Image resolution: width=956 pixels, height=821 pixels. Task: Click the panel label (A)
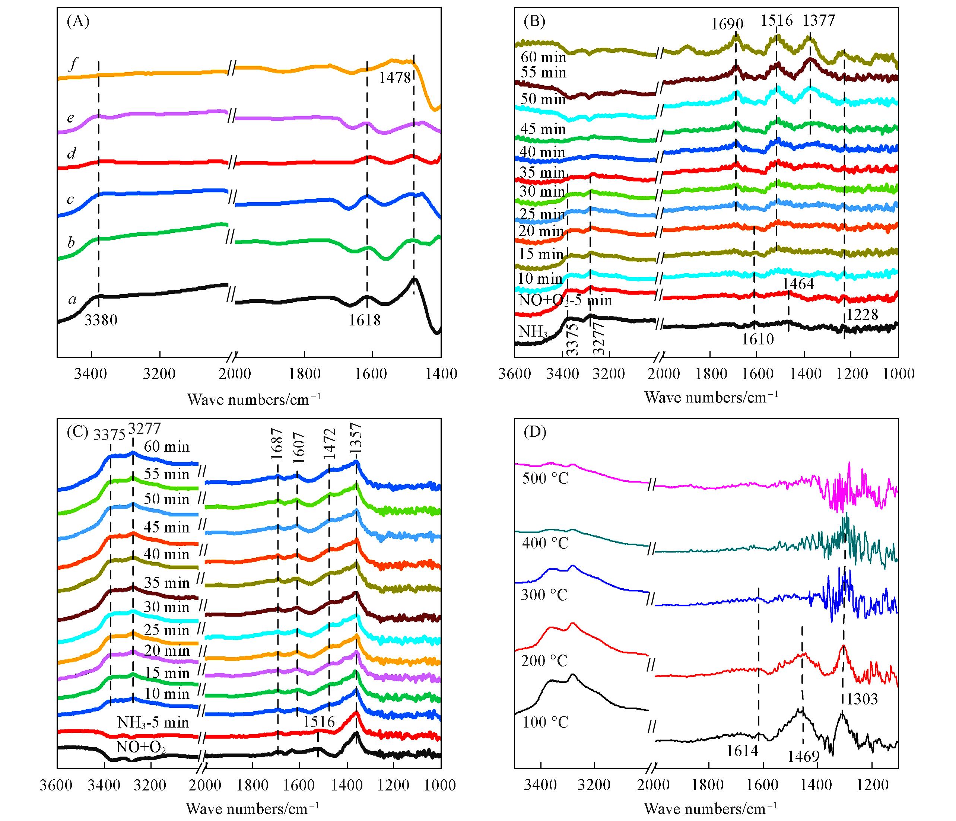[78, 21]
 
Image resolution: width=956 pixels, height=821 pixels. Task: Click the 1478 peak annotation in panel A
[394, 77]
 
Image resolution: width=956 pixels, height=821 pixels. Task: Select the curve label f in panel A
[72, 64]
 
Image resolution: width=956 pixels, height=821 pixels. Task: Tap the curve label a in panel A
[72, 300]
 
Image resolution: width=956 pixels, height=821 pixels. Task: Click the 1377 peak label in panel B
[819, 20]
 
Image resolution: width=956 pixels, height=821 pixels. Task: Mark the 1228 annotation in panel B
[862, 315]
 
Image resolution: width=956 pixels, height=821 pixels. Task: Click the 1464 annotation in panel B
[798, 284]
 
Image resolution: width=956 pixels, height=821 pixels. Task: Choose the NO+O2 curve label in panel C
[141, 760]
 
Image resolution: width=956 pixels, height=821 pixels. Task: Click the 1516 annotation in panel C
[319, 734]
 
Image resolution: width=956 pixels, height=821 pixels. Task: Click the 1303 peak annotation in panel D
[862, 699]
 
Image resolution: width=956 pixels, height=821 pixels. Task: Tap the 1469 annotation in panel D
[803, 769]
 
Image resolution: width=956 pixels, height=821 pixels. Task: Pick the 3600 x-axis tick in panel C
[57, 785]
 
